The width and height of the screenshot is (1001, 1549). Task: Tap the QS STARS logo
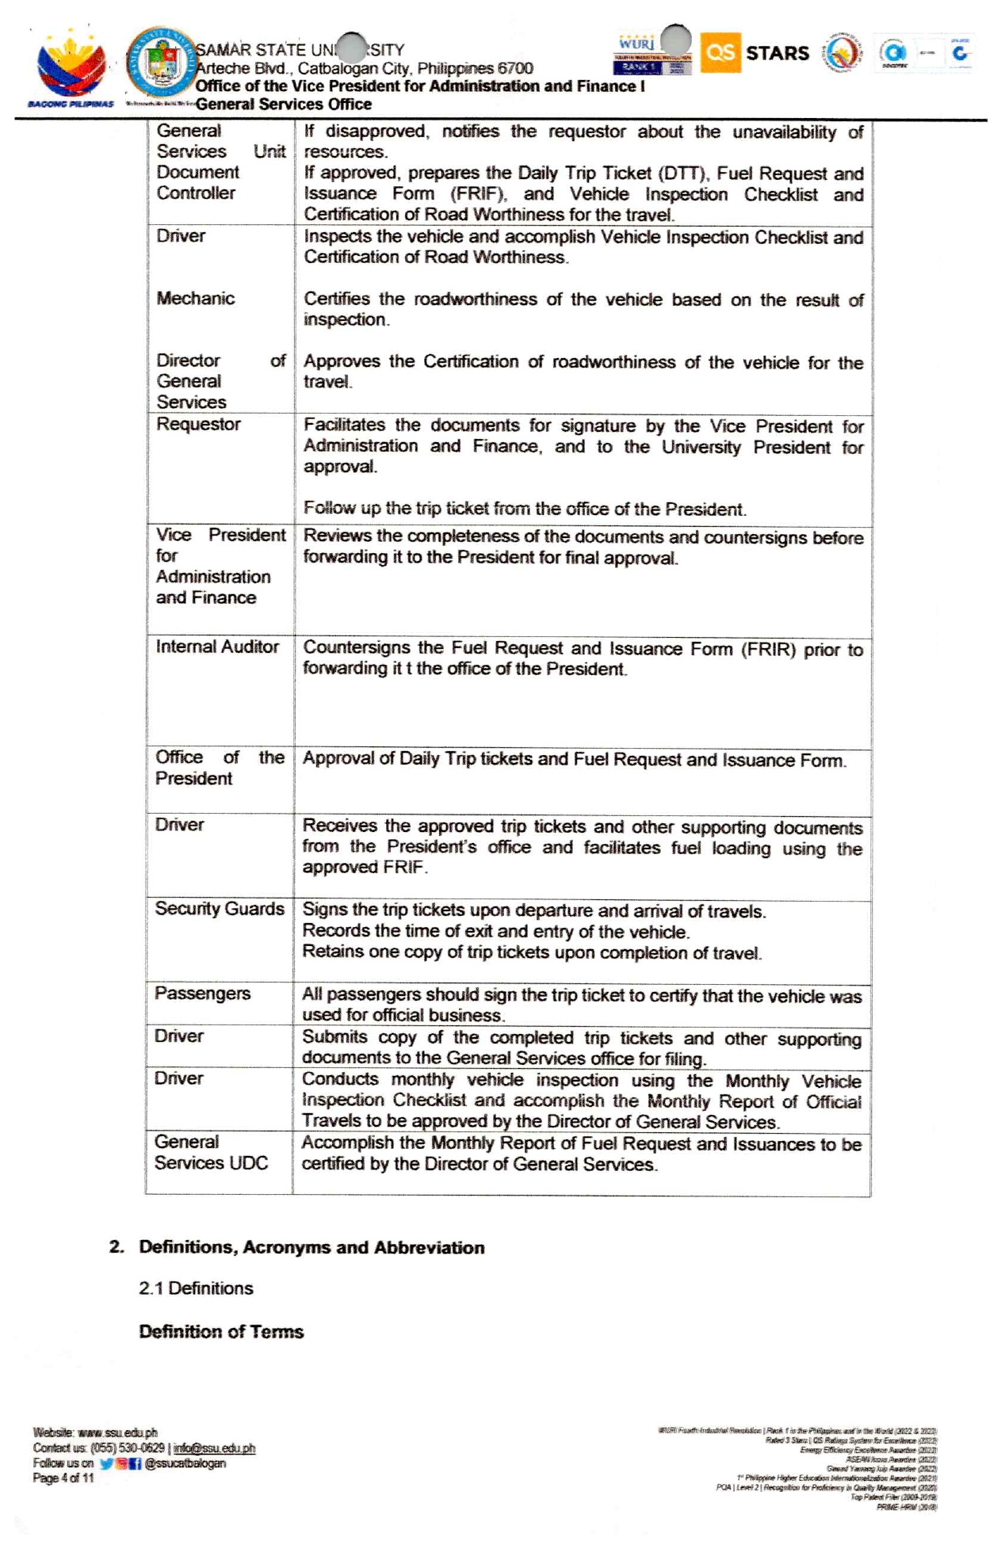[755, 53]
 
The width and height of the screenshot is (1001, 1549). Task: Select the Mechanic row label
[196, 299]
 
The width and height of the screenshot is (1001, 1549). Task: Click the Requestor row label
[198, 425]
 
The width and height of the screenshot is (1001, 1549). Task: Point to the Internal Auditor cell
[217, 647]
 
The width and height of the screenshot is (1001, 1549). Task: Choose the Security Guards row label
[220, 909]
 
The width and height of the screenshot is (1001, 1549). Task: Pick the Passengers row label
[203, 994]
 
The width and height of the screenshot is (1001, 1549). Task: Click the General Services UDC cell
[211, 1153]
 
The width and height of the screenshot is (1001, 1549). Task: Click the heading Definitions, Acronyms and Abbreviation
[311, 1247]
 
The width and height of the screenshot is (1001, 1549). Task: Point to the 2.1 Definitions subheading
[196, 1288]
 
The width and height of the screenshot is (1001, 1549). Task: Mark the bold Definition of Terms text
[221, 1332]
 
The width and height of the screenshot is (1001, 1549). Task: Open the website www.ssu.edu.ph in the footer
[117, 1433]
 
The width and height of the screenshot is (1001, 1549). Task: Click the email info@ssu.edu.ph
[214, 1448]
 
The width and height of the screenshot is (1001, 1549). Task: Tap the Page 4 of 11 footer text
[63, 1478]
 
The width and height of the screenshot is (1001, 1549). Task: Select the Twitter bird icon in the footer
[106, 1463]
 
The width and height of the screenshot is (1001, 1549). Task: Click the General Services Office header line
[284, 105]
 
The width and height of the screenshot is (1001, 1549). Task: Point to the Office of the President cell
[220, 768]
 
